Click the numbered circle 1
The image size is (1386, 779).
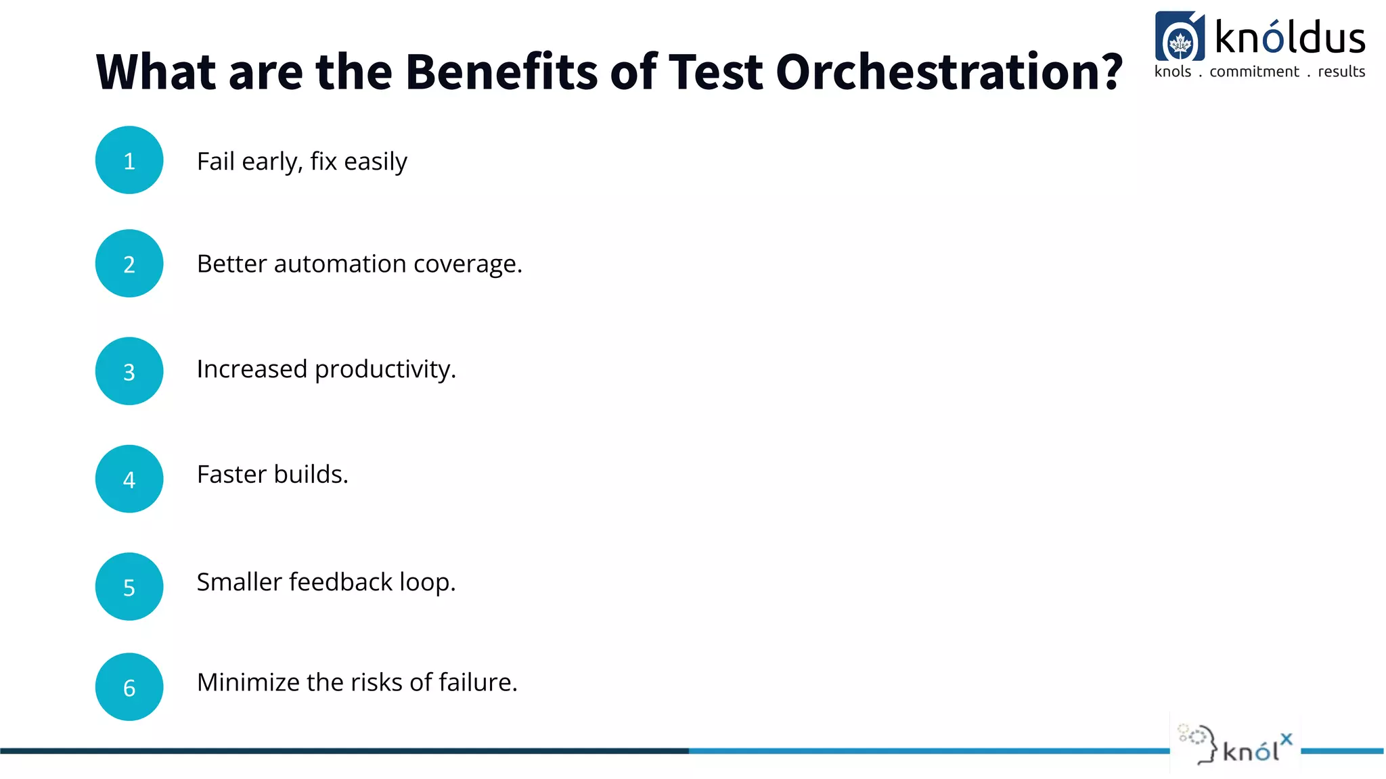click(129, 160)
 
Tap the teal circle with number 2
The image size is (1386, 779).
click(129, 264)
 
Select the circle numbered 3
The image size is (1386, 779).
click(129, 371)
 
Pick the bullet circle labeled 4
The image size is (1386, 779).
click(129, 479)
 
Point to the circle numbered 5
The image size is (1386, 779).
click(129, 587)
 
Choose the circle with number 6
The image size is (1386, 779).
click(129, 687)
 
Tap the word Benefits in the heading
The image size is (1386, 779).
click(501, 72)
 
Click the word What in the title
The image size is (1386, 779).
click(156, 72)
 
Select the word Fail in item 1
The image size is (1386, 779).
click(215, 162)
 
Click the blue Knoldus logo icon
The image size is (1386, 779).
click(1180, 37)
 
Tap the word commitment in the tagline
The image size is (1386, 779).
click(1254, 72)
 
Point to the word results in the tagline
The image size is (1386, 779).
click(1341, 72)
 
